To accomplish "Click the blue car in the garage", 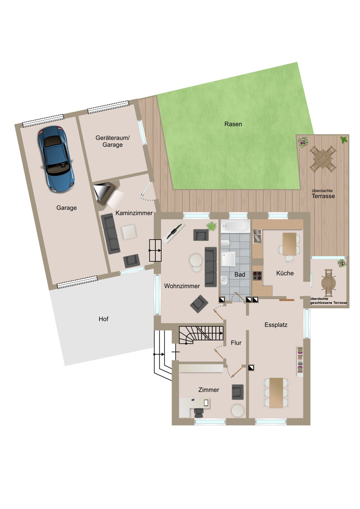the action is point(56,159).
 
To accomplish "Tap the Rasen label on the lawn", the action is point(233,124).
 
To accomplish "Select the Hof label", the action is point(104,319).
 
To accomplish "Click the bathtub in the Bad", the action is point(235,226).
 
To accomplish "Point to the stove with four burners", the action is point(257,276).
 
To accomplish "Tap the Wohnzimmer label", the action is point(182,286).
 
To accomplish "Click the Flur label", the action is point(236,343).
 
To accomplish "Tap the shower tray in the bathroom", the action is point(228,259).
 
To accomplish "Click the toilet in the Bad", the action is point(226,243).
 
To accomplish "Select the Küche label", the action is point(285,273).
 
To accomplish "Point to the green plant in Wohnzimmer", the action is point(212,226).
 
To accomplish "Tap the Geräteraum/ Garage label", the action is point(112,141).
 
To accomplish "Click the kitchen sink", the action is point(257,236).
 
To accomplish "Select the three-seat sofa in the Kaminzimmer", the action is point(110,233).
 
